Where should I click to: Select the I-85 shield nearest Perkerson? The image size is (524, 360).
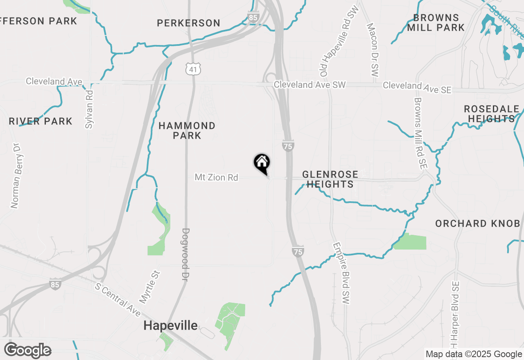click(253, 17)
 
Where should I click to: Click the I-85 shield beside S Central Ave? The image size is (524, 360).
click(55, 284)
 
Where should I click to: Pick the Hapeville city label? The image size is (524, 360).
click(170, 326)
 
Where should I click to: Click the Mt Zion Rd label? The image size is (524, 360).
click(216, 178)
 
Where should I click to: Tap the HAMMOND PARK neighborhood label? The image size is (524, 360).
click(187, 130)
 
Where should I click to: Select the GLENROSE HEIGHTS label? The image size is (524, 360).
click(330, 179)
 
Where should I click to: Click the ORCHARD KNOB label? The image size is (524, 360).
click(477, 223)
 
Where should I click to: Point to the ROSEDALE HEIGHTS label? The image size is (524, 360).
click(491, 114)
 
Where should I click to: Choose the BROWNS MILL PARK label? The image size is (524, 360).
click(436, 22)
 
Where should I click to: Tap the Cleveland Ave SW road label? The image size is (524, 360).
click(310, 85)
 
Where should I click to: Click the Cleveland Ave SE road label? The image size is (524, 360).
click(417, 87)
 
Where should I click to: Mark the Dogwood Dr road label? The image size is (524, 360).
click(185, 254)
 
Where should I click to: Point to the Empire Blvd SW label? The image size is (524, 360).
click(342, 273)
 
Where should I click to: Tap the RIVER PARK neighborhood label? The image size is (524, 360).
click(41, 121)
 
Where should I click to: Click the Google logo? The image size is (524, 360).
click(27, 350)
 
